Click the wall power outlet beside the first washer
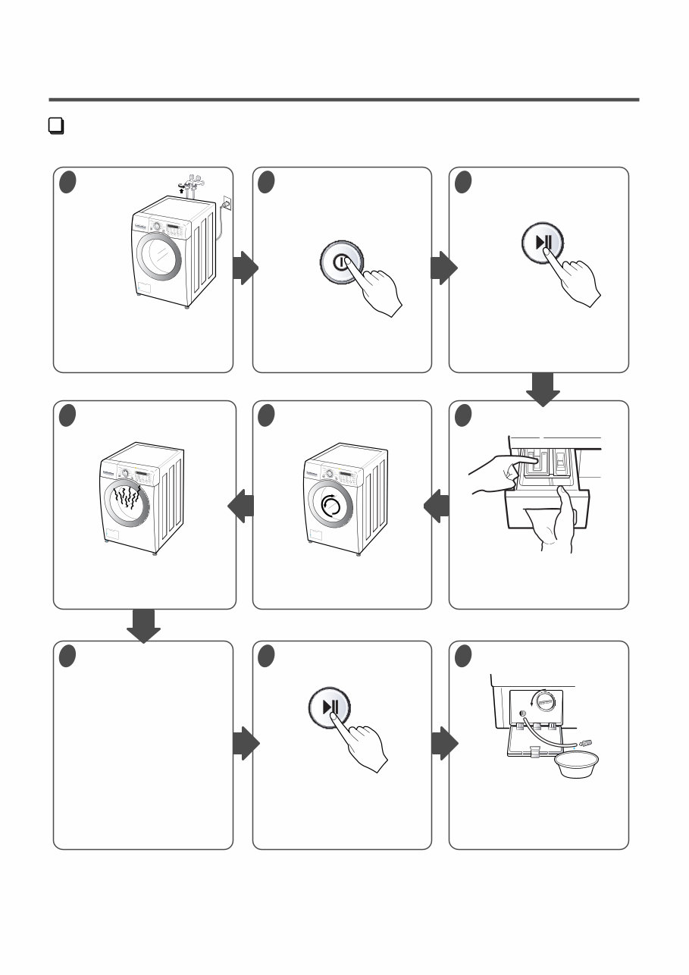pos(226,203)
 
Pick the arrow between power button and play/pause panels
pos(443,268)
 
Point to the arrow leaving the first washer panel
pos(246,268)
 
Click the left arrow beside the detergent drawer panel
pos(437,506)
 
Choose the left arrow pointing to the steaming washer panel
pos(241,506)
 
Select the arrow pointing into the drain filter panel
pos(443,745)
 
